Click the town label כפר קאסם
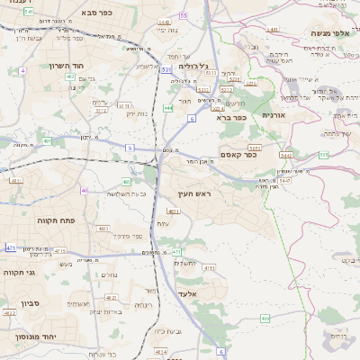click(x=237, y=154)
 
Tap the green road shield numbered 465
click(x=264, y=319)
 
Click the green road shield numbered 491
click(x=46, y=140)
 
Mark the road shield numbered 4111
click(x=208, y=267)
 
